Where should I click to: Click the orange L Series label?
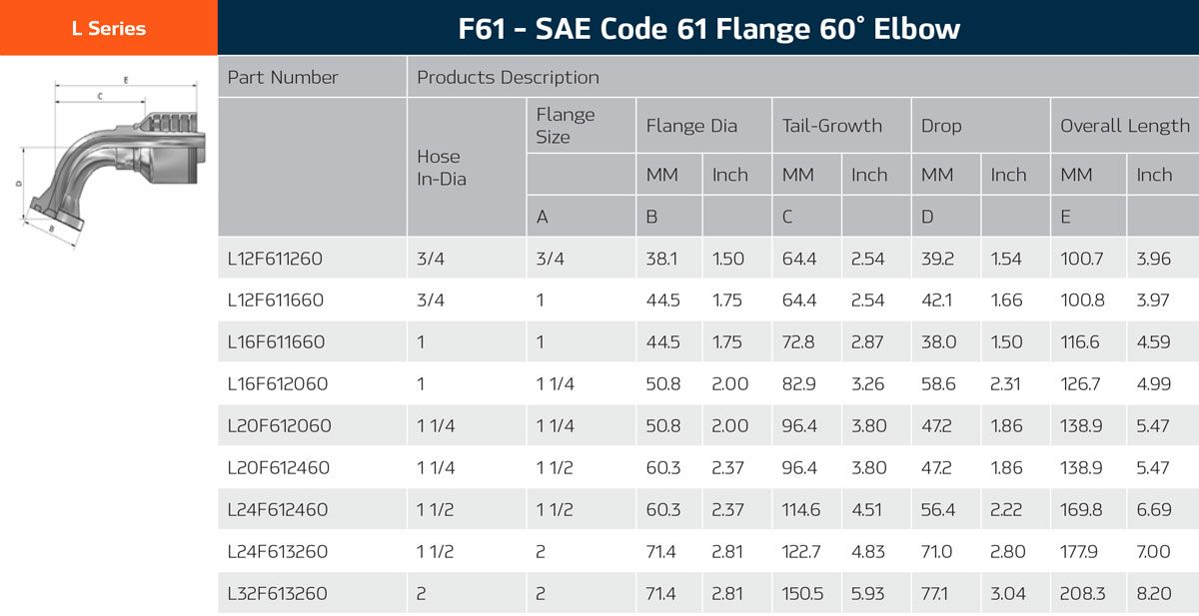click(108, 28)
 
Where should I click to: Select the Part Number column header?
click(283, 77)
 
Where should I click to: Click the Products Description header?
click(508, 77)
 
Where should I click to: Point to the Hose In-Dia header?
click(441, 168)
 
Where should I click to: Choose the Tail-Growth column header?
click(831, 126)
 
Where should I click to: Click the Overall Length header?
click(1124, 126)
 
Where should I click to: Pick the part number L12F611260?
click(275, 259)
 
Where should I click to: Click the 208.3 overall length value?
click(1082, 594)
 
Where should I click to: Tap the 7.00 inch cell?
click(1153, 552)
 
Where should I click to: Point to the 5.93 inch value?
click(868, 594)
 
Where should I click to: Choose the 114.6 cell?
click(801, 510)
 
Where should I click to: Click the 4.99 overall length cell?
click(1153, 384)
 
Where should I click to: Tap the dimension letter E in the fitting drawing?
click(125, 79)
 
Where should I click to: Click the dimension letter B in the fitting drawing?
click(52, 229)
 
